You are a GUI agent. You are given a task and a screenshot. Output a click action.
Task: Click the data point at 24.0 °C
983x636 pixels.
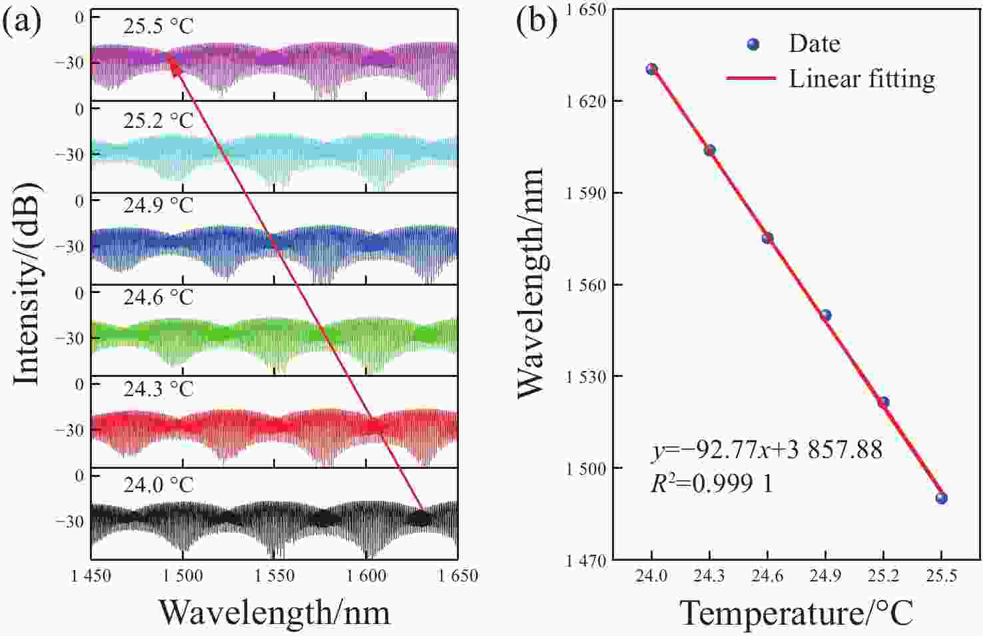[651, 69]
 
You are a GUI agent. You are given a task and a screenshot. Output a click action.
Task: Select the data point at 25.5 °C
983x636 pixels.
[941, 498]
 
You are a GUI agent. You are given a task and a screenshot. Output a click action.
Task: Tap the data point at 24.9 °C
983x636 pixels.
[825, 315]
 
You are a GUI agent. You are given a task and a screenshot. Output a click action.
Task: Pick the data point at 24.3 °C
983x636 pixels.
[709, 151]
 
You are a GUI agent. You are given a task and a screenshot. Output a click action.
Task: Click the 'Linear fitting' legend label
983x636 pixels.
[862, 79]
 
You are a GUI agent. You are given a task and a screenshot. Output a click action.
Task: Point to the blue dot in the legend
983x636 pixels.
[753, 44]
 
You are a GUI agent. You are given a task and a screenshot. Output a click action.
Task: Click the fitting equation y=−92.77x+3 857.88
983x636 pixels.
[767, 450]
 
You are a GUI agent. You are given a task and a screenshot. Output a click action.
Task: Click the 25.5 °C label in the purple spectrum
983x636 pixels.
[158, 27]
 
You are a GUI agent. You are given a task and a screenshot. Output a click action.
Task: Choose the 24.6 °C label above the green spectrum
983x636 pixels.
[158, 297]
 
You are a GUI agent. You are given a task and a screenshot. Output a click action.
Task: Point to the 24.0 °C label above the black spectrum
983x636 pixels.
[158, 484]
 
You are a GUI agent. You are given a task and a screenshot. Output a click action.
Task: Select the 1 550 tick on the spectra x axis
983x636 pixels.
[274, 576]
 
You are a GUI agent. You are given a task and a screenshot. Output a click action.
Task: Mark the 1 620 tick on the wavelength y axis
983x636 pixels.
[585, 101]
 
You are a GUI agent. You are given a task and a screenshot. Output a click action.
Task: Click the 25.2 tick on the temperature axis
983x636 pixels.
[883, 576]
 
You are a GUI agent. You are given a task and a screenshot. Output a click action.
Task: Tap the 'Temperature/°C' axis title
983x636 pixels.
[796, 612]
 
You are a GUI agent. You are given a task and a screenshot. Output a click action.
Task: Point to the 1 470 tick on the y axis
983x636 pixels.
[585, 561]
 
